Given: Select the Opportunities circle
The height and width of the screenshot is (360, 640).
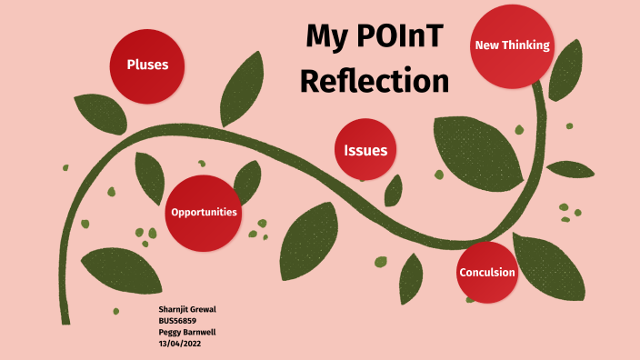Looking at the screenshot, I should click(x=204, y=212).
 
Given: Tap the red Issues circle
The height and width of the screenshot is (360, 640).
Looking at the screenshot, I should click(x=365, y=150).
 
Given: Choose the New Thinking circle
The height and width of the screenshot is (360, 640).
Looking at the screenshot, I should click(x=512, y=45).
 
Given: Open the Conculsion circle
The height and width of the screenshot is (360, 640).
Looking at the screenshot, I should click(x=487, y=273).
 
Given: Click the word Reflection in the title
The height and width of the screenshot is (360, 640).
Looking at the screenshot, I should click(x=375, y=81).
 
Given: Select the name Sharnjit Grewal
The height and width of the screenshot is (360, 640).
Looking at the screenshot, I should click(x=187, y=310).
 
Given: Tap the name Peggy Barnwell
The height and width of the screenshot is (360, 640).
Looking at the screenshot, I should click(x=187, y=332).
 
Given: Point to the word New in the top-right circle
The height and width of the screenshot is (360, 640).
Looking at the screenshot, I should click(x=487, y=45).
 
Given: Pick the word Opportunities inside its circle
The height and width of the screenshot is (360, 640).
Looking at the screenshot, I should click(x=204, y=212).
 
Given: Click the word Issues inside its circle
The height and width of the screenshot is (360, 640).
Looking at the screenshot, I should click(x=365, y=151).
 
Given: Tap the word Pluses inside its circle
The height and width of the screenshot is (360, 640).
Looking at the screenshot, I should click(x=154, y=65).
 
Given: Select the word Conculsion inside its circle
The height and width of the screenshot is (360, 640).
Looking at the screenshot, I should click(x=487, y=273).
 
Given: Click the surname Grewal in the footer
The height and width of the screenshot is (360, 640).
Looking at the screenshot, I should click(x=202, y=310).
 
